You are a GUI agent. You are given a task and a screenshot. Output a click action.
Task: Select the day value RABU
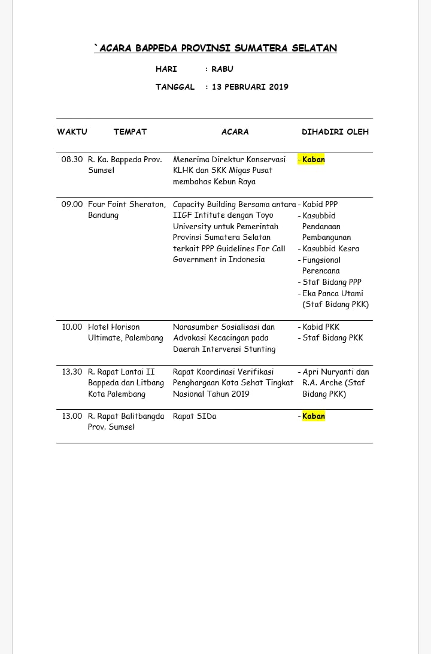click(222, 69)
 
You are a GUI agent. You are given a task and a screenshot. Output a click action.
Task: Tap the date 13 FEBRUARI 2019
click(250, 87)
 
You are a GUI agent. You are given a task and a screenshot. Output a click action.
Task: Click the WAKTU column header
click(72, 132)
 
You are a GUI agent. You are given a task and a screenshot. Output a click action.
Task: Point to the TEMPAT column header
click(130, 132)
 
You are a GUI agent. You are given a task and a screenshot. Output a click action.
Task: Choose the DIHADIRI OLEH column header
click(335, 132)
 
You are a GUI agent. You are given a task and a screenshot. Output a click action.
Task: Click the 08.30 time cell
click(72, 160)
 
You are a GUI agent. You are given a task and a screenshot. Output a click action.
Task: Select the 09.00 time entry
click(72, 205)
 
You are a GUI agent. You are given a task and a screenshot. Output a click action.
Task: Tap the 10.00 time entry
click(72, 327)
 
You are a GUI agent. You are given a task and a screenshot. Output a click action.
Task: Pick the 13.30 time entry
click(72, 372)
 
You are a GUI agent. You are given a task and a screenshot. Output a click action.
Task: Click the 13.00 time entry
click(72, 416)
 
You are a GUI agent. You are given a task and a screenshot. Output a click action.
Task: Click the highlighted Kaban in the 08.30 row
click(313, 160)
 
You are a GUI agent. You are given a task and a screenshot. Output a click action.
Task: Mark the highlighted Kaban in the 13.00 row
click(313, 416)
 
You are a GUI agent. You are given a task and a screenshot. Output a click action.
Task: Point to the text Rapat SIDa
click(195, 416)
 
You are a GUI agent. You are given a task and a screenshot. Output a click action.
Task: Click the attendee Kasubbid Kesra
click(330, 249)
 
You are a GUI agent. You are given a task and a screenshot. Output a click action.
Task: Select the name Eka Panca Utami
click(332, 294)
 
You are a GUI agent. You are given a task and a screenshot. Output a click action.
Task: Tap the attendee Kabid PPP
click(320, 205)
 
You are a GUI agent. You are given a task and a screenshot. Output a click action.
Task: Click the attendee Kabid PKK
click(321, 327)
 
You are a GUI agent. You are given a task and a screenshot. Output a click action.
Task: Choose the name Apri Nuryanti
click(329, 372)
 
